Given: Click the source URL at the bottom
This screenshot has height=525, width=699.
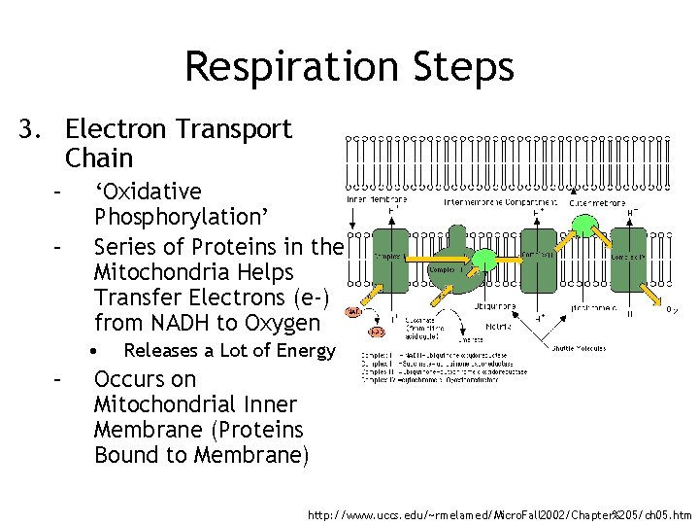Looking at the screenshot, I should tap(497, 512).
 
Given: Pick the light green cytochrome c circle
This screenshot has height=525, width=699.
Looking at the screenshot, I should tap(584, 226).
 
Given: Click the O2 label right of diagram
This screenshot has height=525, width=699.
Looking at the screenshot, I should tap(671, 311).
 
